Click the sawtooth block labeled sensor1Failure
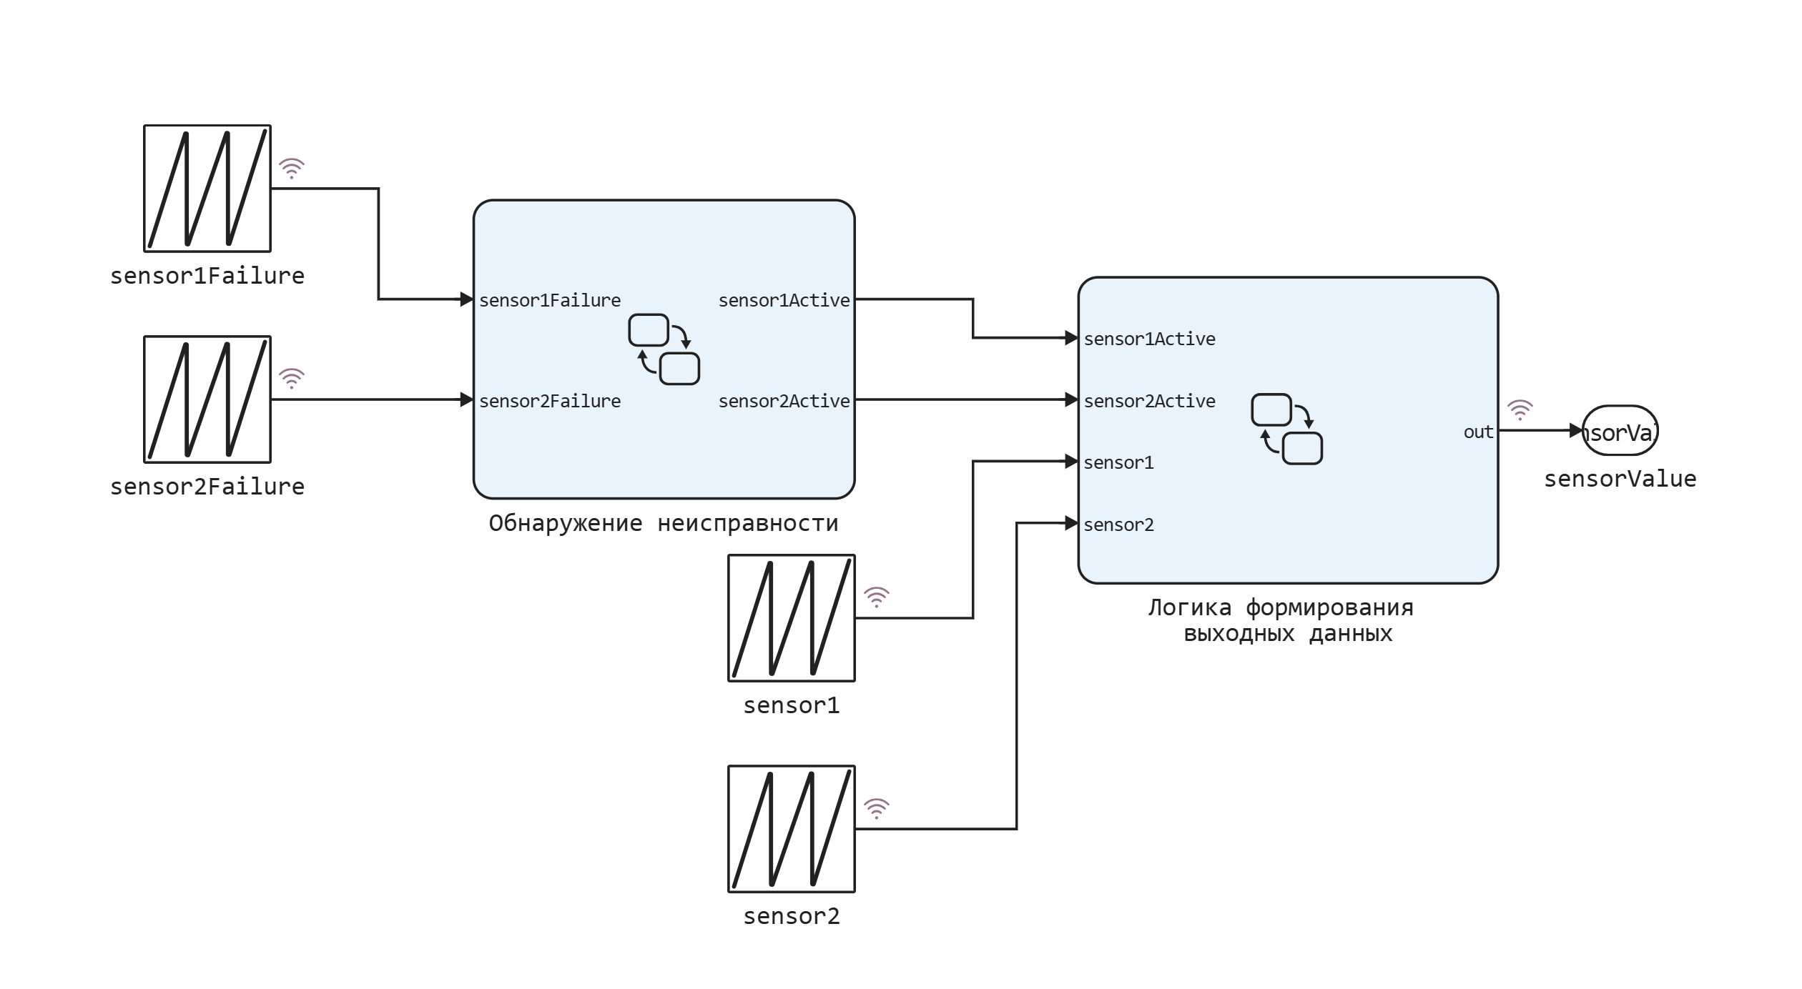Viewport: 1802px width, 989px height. pyautogui.click(x=207, y=189)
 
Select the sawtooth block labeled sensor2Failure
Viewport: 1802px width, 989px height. pyautogui.click(x=207, y=399)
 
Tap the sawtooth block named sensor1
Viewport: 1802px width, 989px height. pyautogui.click(x=792, y=618)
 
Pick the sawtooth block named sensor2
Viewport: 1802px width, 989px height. pyautogui.click(x=792, y=829)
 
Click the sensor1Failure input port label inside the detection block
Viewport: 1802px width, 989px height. pyautogui.click(x=550, y=300)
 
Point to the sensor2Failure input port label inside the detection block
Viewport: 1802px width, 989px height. pyautogui.click(x=550, y=401)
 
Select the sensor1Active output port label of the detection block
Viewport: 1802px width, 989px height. pyautogui.click(x=784, y=300)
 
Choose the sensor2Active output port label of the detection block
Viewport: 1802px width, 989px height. pyautogui.click(x=784, y=401)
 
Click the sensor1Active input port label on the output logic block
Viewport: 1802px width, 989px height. pyautogui.click(x=1149, y=339)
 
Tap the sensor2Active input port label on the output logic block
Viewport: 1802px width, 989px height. pyautogui.click(x=1149, y=401)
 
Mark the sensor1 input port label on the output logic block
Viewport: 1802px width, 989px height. pyautogui.click(x=1118, y=462)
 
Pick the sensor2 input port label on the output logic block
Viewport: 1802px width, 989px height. pyautogui.click(x=1118, y=525)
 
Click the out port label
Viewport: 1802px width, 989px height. pyautogui.click(x=1478, y=432)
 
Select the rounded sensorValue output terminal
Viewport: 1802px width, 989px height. pyautogui.click(x=1620, y=432)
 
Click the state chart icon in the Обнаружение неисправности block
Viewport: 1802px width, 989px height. pyautogui.click(x=664, y=349)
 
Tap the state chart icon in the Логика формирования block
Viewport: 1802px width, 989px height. pyautogui.click(x=1286, y=429)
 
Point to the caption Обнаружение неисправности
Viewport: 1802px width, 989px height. pyautogui.click(x=663, y=523)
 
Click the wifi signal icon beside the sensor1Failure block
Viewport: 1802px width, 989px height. pyautogui.click(x=292, y=169)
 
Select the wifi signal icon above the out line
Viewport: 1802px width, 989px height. pyautogui.click(x=1520, y=410)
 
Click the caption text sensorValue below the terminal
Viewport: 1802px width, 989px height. pyautogui.click(x=1620, y=479)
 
